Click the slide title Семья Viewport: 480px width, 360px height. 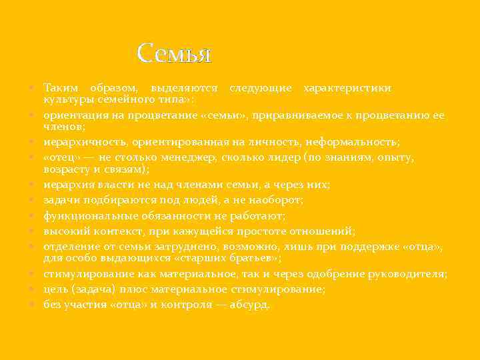click(x=174, y=53)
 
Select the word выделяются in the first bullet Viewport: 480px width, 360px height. click(x=184, y=88)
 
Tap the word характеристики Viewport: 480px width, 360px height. click(x=347, y=88)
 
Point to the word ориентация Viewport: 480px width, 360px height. click(x=73, y=115)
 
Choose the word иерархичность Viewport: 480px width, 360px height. click(x=85, y=142)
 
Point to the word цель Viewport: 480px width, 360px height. click(x=55, y=289)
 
